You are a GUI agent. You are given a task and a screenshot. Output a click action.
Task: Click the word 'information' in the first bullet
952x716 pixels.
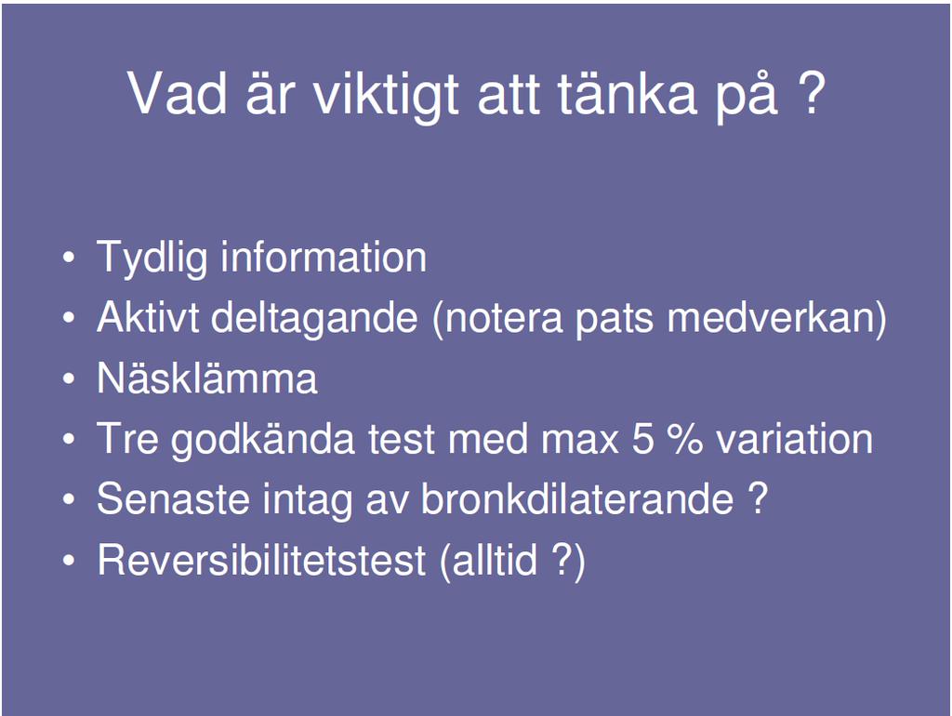click(x=324, y=257)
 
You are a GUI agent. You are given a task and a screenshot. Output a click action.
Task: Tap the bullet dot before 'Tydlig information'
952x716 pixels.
click(x=69, y=258)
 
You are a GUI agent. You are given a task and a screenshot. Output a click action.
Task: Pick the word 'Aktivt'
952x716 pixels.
click(x=148, y=317)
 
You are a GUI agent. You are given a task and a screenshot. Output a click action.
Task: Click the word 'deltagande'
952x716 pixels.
click(x=314, y=319)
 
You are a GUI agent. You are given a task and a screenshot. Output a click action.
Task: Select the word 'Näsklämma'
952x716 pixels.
click(x=207, y=378)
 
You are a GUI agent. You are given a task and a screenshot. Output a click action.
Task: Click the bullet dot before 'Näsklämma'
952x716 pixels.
click(x=69, y=378)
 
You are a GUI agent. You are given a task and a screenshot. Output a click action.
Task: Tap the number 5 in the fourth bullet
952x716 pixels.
click(x=643, y=438)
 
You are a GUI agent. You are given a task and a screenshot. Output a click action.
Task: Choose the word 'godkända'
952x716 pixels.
click(x=262, y=440)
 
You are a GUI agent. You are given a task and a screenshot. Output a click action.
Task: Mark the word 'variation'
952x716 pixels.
click(x=794, y=438)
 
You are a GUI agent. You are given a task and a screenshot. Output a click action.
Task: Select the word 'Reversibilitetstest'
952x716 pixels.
click(x=261, y=560)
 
